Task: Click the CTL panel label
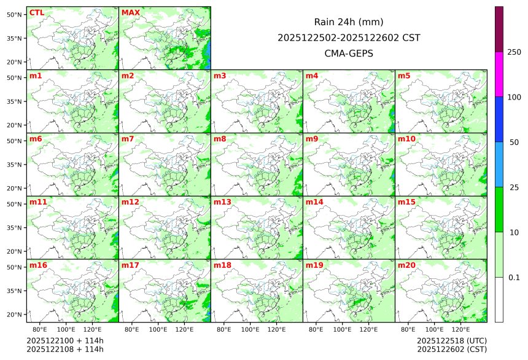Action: (36, 13)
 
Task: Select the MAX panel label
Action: (131, 13)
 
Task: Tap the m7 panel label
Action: (128, 139)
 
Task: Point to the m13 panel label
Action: (222, 202)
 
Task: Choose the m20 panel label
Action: (406, 265)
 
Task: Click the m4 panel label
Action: (312, 76)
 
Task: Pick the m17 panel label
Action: (130, 265)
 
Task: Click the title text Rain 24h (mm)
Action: (349, 22)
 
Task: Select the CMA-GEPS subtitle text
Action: (349, 53)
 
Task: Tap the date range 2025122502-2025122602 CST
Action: (349, 37)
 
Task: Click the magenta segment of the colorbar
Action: (499, 74)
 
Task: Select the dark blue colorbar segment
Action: (499, 119)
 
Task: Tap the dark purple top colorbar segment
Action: (499, 29)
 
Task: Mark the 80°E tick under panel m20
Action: (408, 329)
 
